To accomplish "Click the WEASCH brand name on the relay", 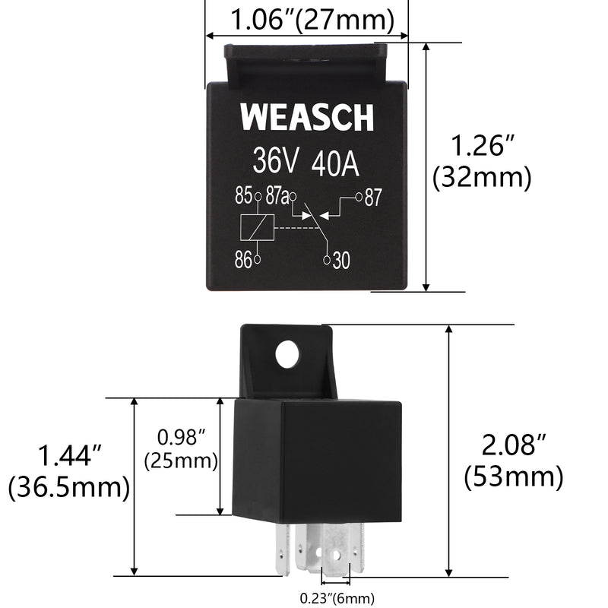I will coord(307,119).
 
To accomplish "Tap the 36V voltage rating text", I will coord(277,162).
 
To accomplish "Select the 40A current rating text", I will coord(334,162).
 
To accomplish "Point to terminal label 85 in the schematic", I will coord(243,196).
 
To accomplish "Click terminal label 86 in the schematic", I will coord(243,260).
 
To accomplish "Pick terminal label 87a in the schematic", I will coord(277,196).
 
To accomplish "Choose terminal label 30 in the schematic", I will coord(341,261).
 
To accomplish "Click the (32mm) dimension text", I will coord(481,178).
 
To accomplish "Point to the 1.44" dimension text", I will coord(70,456).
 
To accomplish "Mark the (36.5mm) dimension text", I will coord(69,487).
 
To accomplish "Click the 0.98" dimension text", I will coord(182,437).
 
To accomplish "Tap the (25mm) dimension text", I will coord(182,461).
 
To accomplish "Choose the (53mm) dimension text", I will coord(514,477).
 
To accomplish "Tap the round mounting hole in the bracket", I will coord(287,354).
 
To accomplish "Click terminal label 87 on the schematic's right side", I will coord(373,197).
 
